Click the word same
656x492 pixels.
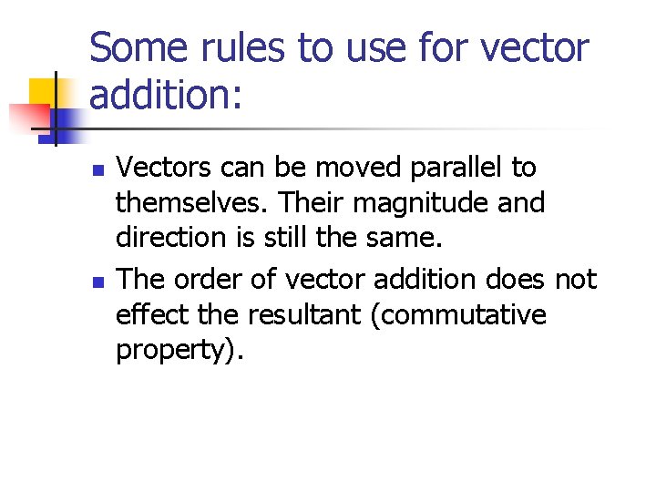[x=405, y=238]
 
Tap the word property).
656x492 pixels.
[x=179, y=352]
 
